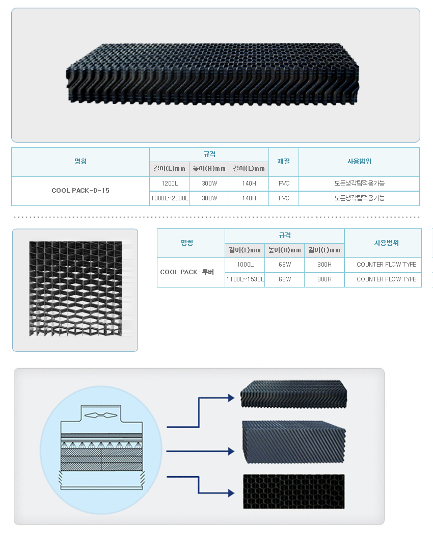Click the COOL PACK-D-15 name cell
[x=80, y=191]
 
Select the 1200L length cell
[x=170, y=184]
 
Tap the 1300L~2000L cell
[x=170, y=198]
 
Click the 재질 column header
[x=284, y=162]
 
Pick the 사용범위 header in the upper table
[x=359, y=162]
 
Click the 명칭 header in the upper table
[x=80, y=162]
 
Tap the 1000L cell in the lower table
[x=245, y=265]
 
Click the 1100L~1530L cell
[x=245, y=279]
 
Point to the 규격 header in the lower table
[x=285, y=236]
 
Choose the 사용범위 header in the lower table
[x=386, y=243]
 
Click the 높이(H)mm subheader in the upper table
[x=209, y=169]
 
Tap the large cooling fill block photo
[x=212, y=74]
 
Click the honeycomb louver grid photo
[x=75, y=289]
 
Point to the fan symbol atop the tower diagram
[x=101, y=415]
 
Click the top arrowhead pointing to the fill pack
[x=231, y=398]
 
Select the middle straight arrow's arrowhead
[x=231, y=451]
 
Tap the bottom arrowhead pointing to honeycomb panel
[x=231, y=493]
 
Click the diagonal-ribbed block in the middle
[x=293, y=442]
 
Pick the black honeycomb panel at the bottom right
[x=293, y=491]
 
